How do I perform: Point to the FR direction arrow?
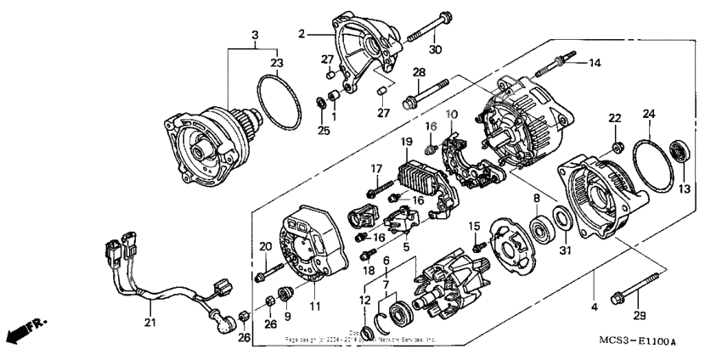point(25,329)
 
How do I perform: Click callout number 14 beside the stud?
point(594,63)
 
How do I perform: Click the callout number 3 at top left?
point(254,35)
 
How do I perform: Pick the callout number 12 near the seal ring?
point(365,298)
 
